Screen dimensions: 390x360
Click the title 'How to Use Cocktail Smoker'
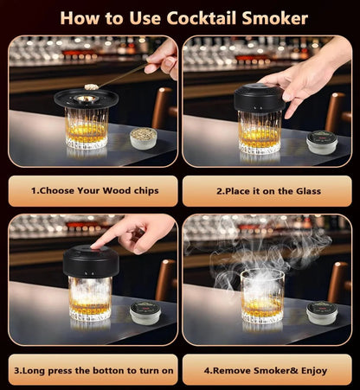(180, 16)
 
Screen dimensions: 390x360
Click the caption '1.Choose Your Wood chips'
(93, 189)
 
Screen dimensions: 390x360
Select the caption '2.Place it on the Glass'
(267, 189)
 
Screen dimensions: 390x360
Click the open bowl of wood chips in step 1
(142, 137)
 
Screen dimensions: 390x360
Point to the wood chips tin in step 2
(322, 142)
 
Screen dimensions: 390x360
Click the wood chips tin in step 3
(145, 311)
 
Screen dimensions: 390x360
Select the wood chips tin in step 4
(321, 311)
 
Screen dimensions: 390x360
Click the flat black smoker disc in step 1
(87, 97)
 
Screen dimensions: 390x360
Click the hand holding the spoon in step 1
(163, 56)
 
